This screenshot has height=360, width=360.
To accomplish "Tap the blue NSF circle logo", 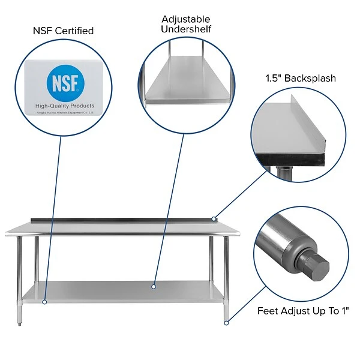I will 65,83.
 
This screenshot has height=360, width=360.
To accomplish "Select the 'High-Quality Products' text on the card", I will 65,106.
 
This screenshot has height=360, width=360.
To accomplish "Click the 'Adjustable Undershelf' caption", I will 186,24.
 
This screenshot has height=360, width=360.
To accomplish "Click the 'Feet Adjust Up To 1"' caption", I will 303,311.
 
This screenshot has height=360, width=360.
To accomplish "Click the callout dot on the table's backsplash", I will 214,219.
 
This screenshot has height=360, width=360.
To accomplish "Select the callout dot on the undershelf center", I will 154,287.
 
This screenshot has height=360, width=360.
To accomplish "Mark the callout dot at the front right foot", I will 226,323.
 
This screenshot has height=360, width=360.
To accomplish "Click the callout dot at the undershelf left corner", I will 44,302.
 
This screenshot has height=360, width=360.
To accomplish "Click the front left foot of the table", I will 19,322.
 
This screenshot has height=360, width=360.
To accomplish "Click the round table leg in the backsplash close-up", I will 284,172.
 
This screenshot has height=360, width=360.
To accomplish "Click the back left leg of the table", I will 37,258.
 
